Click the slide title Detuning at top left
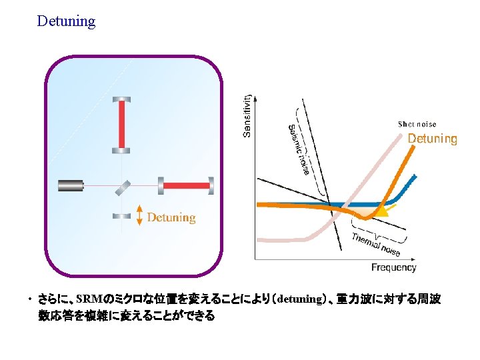tap(66, 21)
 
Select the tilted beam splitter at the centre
tap(122, 186)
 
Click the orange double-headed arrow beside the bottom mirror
tap(139, 215)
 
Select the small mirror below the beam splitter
tap(122, 215)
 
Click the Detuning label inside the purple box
tap(171, 217)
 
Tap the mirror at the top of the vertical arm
tap(122, 99)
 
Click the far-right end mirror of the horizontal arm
tap(211, 185)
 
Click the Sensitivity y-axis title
tap(247, 115)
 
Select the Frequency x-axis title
tap(393, 267)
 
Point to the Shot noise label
tap(417, 124)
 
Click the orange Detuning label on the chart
tap(432, 139)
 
